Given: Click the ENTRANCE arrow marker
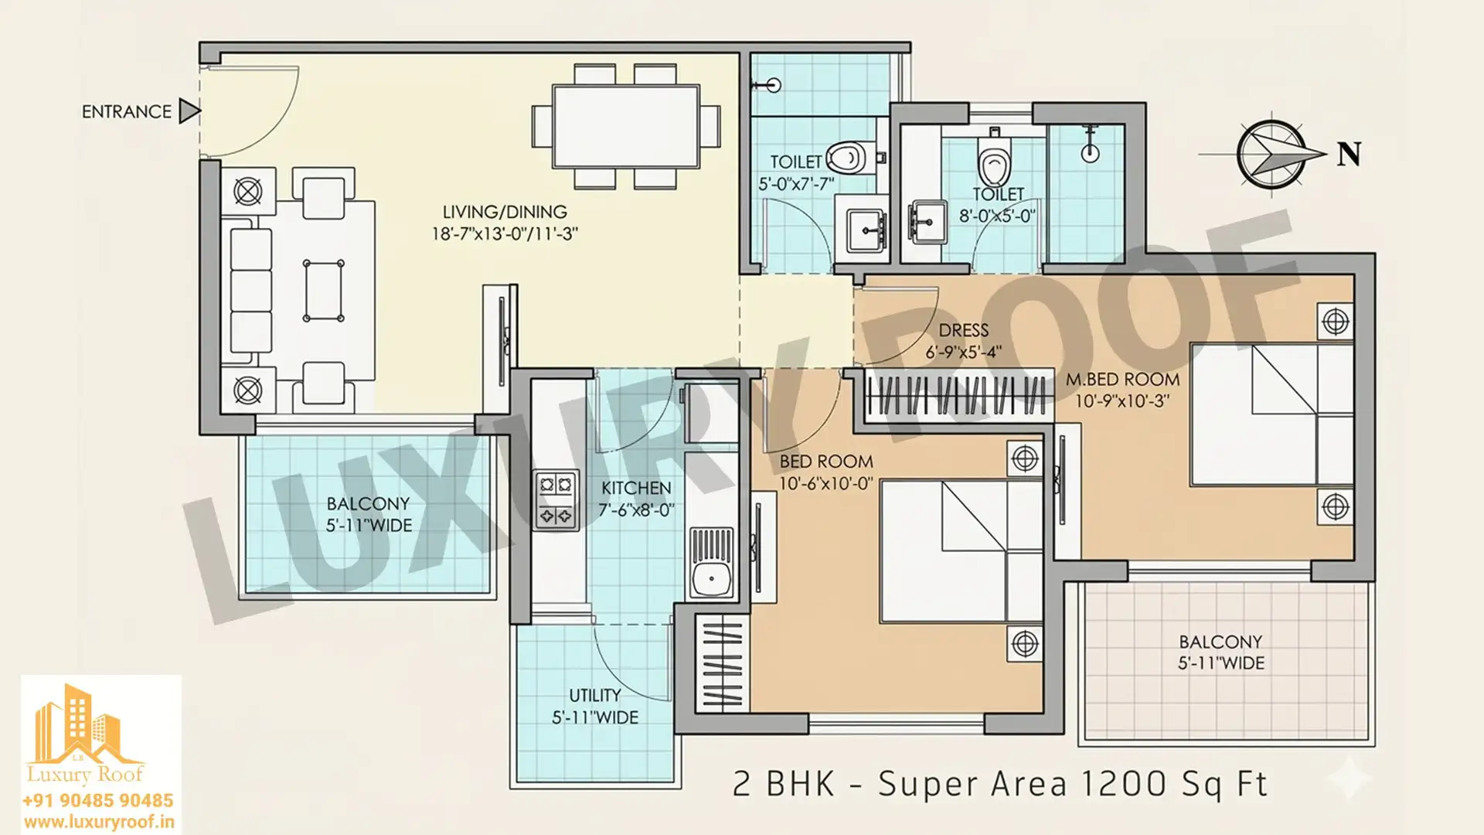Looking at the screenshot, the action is pos(189,111).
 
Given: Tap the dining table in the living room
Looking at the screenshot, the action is pos(626,126).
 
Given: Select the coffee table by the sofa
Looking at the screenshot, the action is pos(324,291).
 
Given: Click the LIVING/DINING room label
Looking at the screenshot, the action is pos(505,212).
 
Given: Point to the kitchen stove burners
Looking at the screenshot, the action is pos(556,499).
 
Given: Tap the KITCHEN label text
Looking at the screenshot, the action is pos(636,488).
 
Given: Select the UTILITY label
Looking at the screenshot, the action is pos(595,695).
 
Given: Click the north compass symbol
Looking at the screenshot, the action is pos(1270,155).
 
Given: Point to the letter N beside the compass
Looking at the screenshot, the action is pos(1349,155).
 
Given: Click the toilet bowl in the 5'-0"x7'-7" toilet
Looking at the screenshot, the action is pos(847,158).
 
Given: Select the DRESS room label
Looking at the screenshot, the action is pos(964,330).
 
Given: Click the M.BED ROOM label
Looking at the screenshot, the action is pos(1122,380).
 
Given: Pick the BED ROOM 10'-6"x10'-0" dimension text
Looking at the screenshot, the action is pos(825,483).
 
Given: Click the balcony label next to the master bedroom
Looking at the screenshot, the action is pos(1220,642).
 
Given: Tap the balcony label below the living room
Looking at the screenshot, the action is pos(368,504).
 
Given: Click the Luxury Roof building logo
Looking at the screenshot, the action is pos(84,731).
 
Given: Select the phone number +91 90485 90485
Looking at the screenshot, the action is pos(98,801).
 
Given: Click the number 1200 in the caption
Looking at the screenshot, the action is pos(1123,784).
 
